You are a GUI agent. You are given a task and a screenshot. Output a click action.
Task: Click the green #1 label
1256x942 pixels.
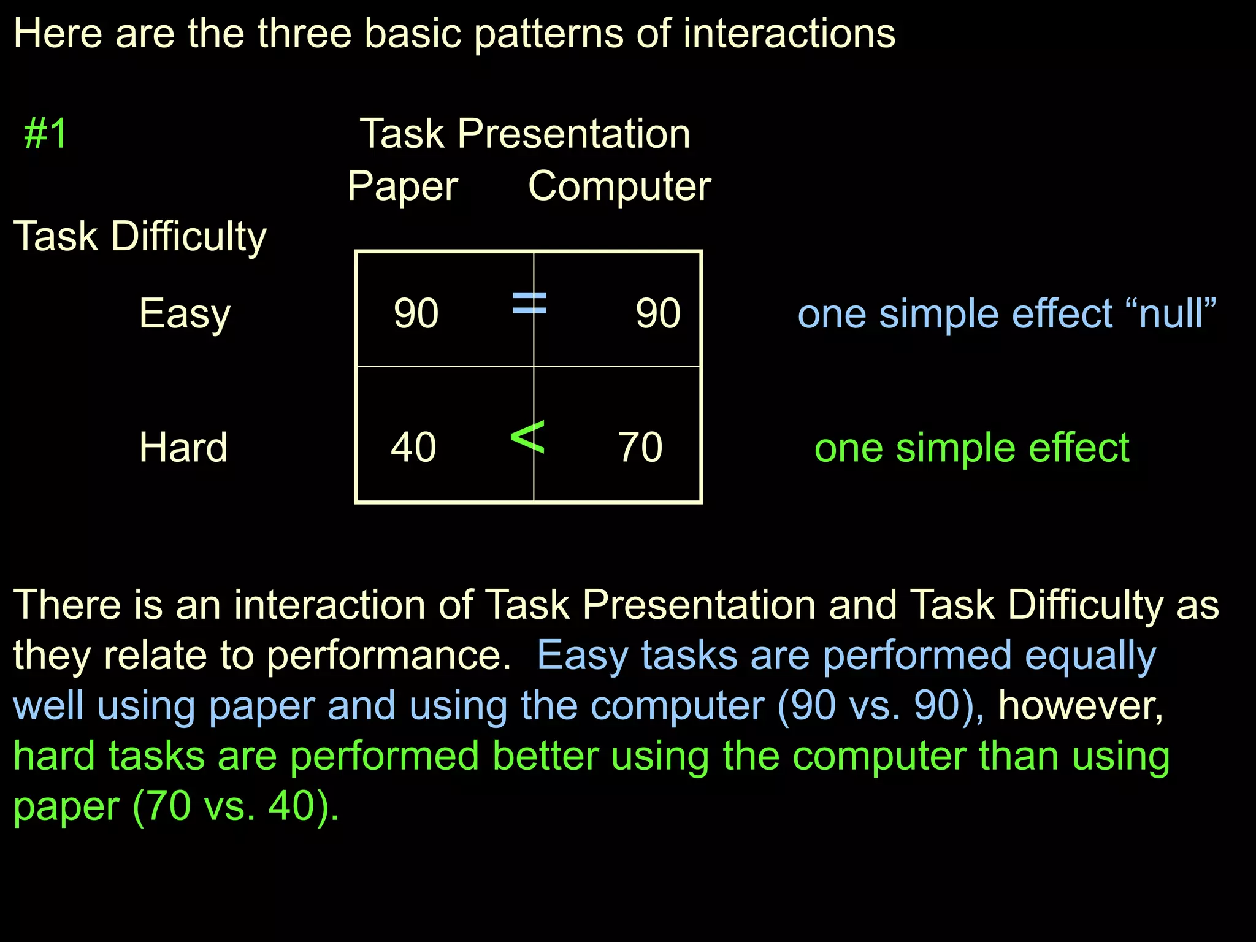point(45,134)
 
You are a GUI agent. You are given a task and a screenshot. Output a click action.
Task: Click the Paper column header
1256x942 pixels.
point(402,186)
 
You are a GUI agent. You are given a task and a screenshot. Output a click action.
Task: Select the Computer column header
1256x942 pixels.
point(619,186)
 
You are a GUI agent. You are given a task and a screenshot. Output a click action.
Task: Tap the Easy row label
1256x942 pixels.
point(185,314)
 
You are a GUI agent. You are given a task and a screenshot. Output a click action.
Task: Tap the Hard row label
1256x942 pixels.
point(183,447)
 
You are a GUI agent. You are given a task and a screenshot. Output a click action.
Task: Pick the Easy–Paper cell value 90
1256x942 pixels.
point(416,313)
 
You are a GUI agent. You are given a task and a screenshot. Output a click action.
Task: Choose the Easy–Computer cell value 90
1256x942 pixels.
point(657,313)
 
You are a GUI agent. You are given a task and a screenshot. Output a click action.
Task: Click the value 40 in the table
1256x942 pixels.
point(413,447)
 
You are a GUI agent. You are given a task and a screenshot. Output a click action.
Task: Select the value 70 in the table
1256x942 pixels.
point(640,447)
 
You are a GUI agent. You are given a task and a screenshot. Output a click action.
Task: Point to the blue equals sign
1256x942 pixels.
point(529,303)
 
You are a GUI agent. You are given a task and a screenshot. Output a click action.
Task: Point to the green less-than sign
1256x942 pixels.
point(527,437)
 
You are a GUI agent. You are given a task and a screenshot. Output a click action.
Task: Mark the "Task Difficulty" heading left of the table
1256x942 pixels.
point(140,237)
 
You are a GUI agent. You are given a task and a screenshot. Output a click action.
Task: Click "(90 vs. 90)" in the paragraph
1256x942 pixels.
point(881,705)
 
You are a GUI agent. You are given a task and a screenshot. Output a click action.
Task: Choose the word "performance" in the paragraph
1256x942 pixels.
point(389,656)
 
